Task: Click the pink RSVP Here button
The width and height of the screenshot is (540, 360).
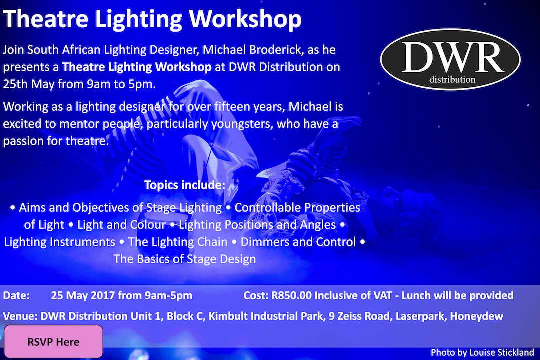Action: [x=53, y=342]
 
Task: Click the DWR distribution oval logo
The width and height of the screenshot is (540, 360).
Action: [x=450, y=59]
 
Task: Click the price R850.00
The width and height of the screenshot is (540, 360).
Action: [x=292, y=295]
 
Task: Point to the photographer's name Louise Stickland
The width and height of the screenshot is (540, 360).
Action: [x=502, y=352]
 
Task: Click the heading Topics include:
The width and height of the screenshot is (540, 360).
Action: [x=185, y=185]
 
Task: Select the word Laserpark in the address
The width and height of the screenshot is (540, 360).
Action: [x=419, y=316]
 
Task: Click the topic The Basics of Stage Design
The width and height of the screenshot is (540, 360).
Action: [x=185, y=259]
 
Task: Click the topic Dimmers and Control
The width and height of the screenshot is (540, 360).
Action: [x=298, y=242]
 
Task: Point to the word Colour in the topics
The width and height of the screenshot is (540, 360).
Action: [x=145, y=225]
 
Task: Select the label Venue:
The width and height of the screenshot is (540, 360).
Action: [x=19, y=316]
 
